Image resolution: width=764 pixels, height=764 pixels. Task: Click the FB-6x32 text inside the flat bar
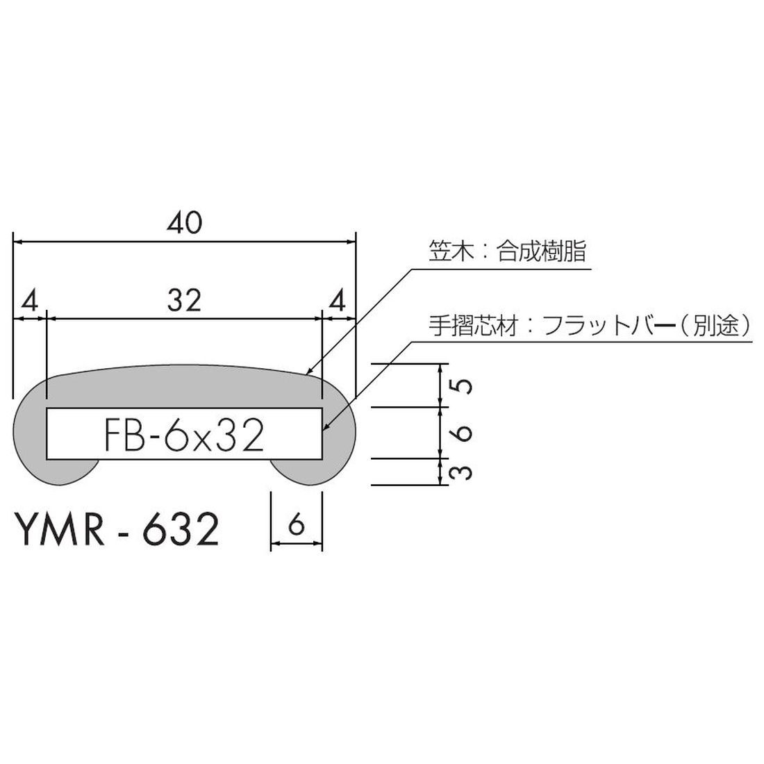click(184, 436)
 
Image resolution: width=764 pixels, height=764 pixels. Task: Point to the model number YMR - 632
click(116, 531)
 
